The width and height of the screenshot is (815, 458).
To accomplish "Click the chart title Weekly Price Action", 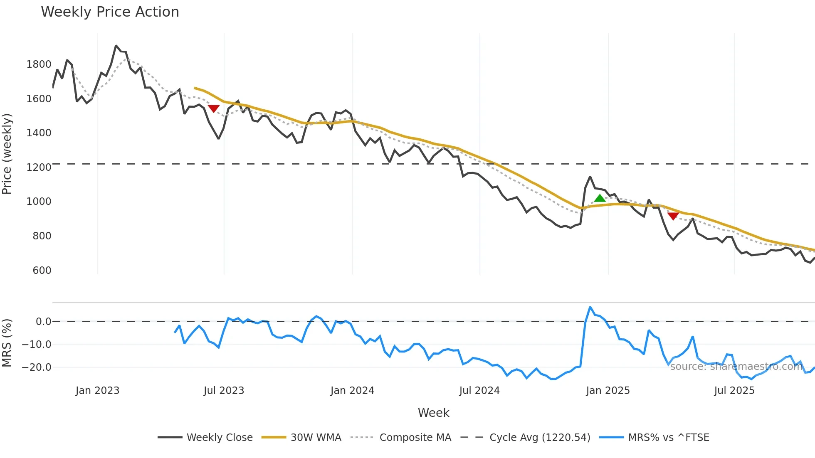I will tap(110, 12).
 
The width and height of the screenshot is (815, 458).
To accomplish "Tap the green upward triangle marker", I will tap(600, 198).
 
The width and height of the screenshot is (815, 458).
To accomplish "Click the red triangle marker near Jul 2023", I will tap(213, 108).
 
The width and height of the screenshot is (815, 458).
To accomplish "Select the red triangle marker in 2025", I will tap(673, 216).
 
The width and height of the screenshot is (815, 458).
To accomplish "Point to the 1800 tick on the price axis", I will tap(39, 64).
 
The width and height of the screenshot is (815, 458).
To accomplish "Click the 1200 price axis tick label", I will tap(39, 167).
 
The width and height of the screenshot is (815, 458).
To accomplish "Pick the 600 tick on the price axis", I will tap(42, 271).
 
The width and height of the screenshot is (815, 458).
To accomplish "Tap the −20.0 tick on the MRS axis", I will tap(37, 367).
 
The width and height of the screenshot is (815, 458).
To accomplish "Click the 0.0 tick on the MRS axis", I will tap(43, 322).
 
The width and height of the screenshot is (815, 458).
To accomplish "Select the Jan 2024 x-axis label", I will tap(352, 391).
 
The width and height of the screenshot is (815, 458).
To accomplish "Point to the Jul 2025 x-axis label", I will tap(734, 391).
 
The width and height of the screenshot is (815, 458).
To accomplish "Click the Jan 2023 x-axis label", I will tap(97, 391).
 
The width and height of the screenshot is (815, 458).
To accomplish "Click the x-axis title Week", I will tap(433, 413).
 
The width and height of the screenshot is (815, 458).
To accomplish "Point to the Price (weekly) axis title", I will tap(7, 154).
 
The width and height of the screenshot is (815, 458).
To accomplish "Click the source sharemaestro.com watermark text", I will tap(736, 367).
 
